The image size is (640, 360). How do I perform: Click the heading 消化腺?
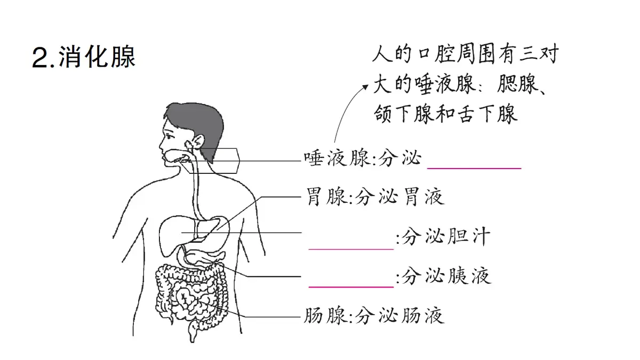pyautogui.click(x=97, y=57)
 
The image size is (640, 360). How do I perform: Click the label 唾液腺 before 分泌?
pyautogui.click(x=337, y=158)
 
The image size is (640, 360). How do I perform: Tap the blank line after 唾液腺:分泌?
pyautogui.click(x=474, y=169)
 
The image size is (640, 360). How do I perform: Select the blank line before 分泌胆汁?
pyautogui.click(x=351, y=249)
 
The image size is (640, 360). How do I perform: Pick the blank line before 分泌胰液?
pyautogui.click(x=351, y=286)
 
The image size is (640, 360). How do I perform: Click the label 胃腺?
pyautogui.click(x=327, y=197)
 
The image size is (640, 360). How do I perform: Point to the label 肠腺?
pyautogui.click(x=326, y=316)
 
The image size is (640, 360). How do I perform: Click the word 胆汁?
pyautogui.click(x=469, y=237)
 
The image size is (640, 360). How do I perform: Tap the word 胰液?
pyautogui.click(x=469, y=276)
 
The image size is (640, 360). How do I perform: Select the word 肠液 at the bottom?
pyautogui.click(x=422, y=316)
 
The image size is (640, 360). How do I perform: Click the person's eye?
pyautogui.click(x=170, y=137)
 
